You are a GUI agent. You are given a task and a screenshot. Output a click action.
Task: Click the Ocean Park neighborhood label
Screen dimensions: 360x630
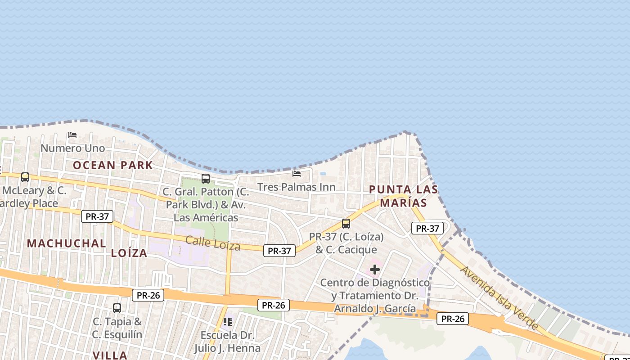(113, 165)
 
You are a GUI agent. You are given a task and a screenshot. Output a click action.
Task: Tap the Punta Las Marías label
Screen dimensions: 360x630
(403, 196)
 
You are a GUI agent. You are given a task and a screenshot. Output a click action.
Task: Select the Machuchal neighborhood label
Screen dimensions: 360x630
(67, 243)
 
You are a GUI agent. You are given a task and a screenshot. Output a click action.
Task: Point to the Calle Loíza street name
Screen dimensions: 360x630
(213, 243)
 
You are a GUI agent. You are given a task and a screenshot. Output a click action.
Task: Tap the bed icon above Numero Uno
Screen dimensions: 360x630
(72, 135)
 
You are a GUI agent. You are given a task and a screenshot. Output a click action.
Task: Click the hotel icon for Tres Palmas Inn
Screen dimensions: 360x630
(296, 173)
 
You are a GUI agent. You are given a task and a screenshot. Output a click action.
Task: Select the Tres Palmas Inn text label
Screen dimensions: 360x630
(296, 187)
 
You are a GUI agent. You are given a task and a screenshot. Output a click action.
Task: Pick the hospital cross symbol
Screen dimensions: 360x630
(374, 270)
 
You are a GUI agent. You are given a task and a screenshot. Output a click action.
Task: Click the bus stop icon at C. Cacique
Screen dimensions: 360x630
(346, 223)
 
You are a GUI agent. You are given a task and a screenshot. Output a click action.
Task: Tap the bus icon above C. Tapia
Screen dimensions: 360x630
(117, 308)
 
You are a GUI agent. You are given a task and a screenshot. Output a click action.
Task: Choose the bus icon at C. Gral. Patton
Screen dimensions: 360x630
(206, 178)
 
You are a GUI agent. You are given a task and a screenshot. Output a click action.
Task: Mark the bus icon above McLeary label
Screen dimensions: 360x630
(25, 177)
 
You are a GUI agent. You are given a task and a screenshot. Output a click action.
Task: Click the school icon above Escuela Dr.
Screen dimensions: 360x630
(228, 322)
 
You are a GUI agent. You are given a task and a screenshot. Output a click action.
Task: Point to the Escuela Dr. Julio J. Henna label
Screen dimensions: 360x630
(227, 342)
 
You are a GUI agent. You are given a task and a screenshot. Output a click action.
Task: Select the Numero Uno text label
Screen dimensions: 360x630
(72, 148)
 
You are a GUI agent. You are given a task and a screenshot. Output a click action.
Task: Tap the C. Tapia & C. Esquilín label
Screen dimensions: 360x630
(117, 328)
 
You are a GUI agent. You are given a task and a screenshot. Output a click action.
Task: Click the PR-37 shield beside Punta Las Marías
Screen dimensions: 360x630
(427, 228)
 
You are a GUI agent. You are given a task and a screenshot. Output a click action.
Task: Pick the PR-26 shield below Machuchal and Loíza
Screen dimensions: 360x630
(148, 295)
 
